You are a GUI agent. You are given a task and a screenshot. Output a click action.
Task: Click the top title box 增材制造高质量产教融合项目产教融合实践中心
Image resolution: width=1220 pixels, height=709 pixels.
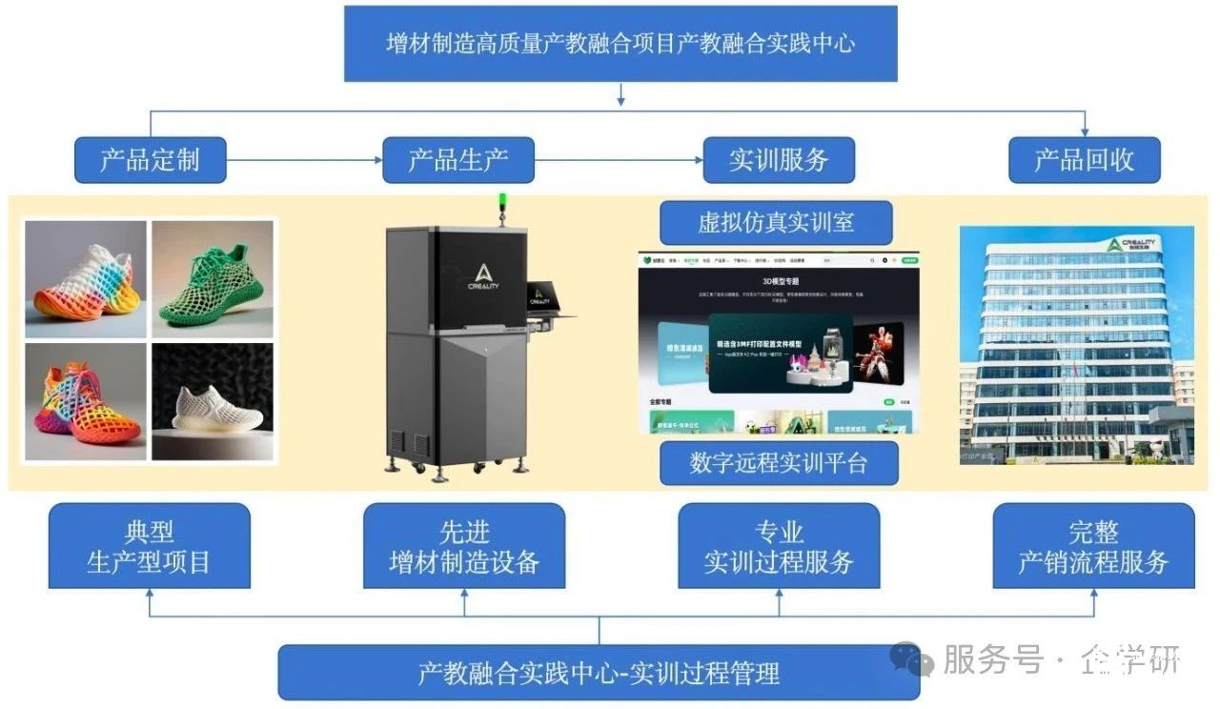click(620, 44)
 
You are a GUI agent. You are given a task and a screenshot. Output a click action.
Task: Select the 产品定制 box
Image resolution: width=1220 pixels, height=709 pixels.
click(151, 160)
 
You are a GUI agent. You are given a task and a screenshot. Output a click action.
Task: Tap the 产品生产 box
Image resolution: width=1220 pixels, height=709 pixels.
click(458, 160)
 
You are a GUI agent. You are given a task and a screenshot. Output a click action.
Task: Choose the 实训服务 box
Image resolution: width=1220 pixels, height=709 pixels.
click(779, 160)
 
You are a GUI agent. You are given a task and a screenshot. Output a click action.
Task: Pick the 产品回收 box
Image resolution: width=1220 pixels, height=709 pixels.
click(1085, 160)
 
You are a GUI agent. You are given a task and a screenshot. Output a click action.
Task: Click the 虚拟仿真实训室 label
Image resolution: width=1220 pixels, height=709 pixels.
click(776, 223)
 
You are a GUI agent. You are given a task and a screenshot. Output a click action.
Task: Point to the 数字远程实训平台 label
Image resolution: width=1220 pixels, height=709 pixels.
click(779, 463)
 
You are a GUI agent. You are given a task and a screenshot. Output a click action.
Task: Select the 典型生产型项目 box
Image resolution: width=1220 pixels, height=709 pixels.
click(150, 546)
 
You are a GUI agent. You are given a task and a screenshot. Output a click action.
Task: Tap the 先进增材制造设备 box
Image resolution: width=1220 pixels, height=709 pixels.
click(464, 546)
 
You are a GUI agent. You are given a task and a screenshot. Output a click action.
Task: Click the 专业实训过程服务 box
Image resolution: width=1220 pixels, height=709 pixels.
click(779, 546)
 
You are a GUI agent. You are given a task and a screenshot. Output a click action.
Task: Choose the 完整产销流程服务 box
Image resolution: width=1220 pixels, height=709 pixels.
click(1093, 546)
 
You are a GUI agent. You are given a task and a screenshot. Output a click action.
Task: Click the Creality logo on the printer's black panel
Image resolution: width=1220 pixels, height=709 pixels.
click(486, 276)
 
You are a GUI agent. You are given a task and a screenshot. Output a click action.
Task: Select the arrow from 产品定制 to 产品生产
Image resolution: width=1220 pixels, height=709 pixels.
click(304, 160)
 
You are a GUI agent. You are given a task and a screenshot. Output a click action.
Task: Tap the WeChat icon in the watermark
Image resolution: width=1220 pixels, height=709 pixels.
click(911, 658)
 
